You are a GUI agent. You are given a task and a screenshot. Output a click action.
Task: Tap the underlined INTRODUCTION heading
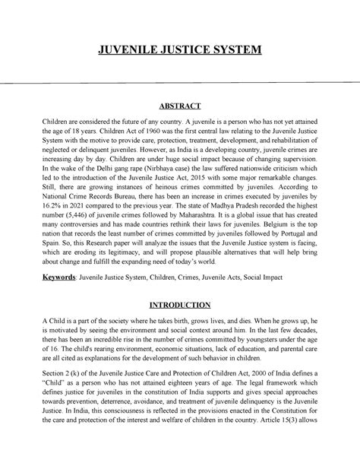coord(179,306)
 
